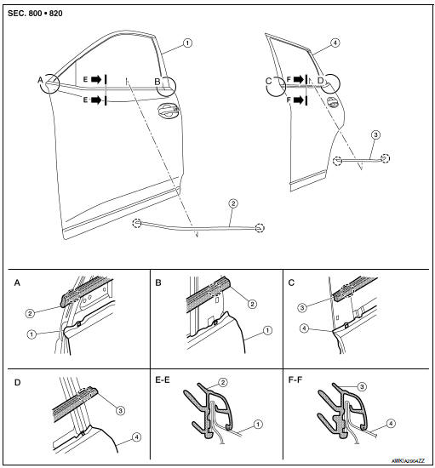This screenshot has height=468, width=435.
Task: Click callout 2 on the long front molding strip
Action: pos(232,204)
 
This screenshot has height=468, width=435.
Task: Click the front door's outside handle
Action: pos(167,109)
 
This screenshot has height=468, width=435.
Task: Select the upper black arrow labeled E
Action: pos(96,79)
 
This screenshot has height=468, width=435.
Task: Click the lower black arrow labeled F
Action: pos(298,100)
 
